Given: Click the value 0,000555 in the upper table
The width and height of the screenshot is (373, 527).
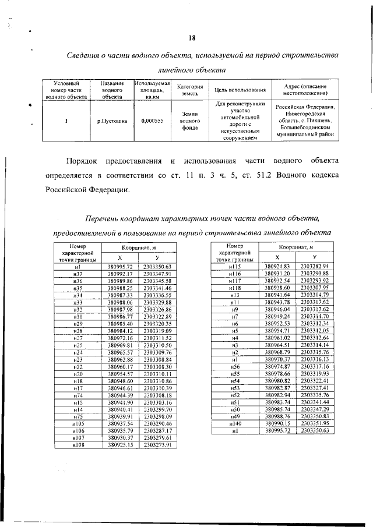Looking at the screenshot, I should tap(152, 121).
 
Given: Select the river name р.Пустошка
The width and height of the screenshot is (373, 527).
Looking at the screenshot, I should tap(112, 121).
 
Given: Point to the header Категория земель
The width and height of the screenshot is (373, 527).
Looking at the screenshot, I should tap(189, 90).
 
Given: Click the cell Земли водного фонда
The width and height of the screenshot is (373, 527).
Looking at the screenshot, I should tap(189, 121).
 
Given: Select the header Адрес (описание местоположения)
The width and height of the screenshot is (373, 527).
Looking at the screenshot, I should tap(305, 90).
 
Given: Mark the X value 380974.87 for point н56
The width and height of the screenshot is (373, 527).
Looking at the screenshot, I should tap(277, 366).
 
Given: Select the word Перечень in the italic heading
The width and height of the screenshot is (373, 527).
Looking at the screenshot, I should tap(105, 218).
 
